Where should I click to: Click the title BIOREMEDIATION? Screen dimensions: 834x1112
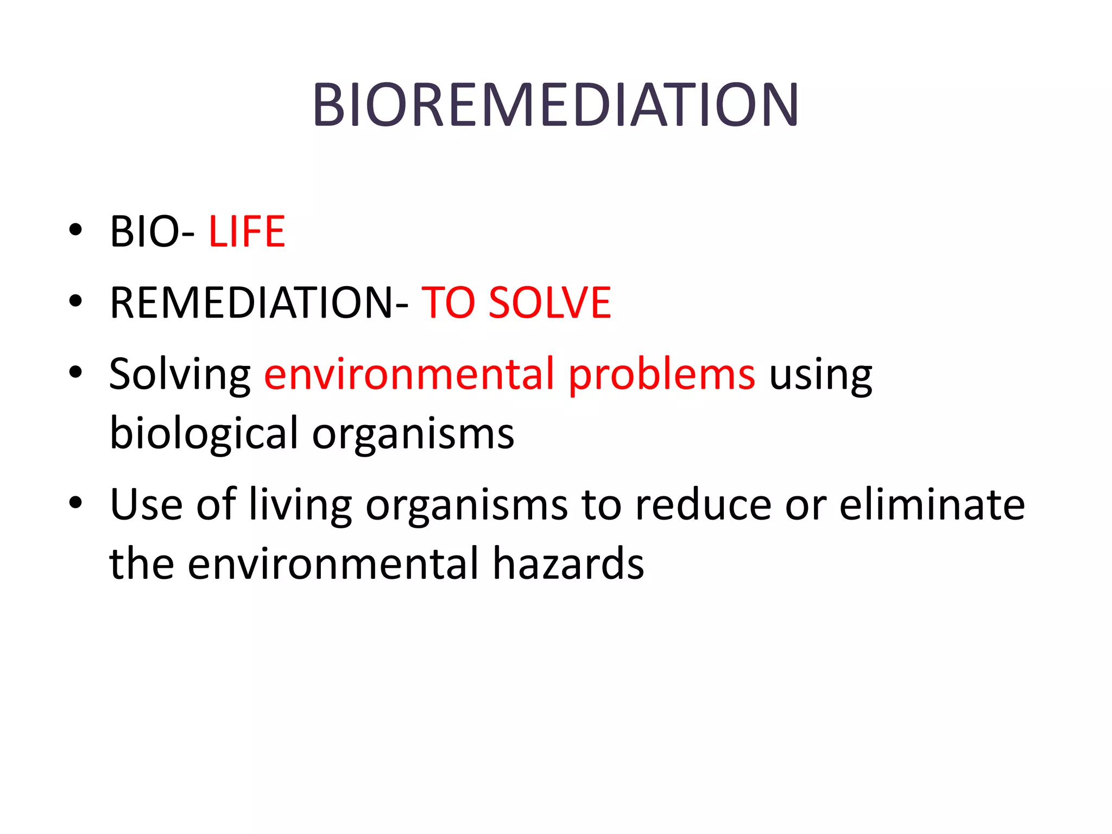click(x=555, y=105)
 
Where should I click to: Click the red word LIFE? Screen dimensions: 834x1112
click(x=247, y=232)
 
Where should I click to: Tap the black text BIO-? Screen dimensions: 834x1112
click(x=151, y=232)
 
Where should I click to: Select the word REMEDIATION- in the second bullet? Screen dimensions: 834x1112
click(x=258, y=302)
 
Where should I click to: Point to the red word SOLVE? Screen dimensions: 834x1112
click(x=549, y=302)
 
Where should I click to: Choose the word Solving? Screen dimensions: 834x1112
click(x=180, y=375)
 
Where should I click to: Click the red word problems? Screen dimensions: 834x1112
click(x=662, y=375)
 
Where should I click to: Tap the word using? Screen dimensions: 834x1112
click(x=820, y=375)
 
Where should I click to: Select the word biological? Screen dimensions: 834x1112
click(x=204, y=433)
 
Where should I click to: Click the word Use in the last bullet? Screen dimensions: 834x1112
click(x=146, y=504)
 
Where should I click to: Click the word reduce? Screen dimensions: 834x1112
click(x=704, y=504)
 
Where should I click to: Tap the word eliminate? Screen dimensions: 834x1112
click(x=932, y=504)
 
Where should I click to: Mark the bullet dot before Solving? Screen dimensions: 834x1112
click(x=75, y=372)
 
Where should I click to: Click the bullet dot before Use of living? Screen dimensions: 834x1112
click(x=75, y=502)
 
